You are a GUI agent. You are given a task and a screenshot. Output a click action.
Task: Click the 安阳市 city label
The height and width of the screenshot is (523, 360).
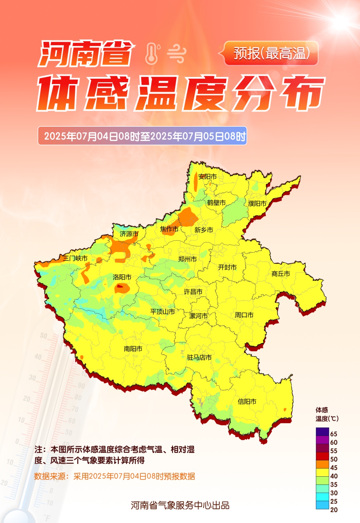(x=207, y=177)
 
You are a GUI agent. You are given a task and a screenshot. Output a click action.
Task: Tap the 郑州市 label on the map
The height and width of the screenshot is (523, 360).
(x=187, y=259)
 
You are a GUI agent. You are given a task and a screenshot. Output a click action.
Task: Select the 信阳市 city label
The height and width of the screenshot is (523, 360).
(x=247, y=402)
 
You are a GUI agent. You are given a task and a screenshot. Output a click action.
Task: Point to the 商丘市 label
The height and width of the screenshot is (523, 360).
(x=281, y=274)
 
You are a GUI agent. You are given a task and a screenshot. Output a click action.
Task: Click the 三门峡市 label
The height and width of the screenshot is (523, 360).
(x=75, y=258)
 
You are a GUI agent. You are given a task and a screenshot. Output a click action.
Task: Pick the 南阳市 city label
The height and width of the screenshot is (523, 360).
(x=133, y=349)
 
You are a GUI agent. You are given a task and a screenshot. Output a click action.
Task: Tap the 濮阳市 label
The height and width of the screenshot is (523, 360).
(x=257, y=203)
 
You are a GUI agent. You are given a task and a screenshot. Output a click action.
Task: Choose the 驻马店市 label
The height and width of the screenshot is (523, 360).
(x=199, y=357)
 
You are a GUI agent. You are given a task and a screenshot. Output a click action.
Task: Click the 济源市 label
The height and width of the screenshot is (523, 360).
(x=129, y=234)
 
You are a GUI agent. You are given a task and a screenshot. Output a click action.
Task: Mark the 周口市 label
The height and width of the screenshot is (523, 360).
(x=244, y=315)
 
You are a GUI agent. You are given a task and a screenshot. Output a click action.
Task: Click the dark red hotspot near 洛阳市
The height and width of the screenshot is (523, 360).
(x=120, y=286)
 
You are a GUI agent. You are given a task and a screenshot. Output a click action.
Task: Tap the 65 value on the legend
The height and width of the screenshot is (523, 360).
(x=334, y=434)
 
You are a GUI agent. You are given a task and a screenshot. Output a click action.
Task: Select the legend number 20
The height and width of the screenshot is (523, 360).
(x=334, y=510)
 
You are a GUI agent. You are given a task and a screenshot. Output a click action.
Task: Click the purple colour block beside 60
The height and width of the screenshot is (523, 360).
(x=322, y=440)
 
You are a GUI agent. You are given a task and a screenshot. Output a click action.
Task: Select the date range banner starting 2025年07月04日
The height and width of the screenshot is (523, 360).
(x=142, y=136)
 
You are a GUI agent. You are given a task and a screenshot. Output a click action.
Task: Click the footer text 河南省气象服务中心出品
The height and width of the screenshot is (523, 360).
(x=180, y=505)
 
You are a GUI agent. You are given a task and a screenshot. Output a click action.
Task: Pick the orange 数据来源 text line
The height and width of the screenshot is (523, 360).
(x=114, y=476)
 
